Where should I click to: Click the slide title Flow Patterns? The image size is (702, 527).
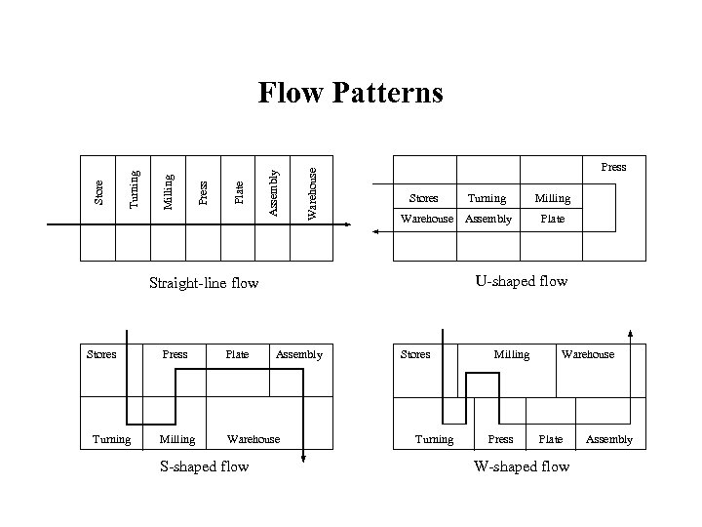[x=350, y=93]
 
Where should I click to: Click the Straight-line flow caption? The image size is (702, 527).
[x=204, y=284]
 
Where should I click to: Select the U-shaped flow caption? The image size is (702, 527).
[x=521, y=282]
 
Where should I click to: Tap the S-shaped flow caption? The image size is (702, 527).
[x=204, y=466]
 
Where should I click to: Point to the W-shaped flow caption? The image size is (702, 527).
[x=521, y=466]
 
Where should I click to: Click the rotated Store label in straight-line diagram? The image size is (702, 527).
[x=98, y=190]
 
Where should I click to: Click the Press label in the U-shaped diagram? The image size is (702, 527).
[x=613, y=167]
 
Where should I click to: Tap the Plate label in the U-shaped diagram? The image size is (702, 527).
[x=552, y=219]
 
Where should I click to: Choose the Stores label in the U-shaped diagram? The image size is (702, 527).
[x=423, y=198]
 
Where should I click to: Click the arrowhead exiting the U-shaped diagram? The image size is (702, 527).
[x=375, y=232]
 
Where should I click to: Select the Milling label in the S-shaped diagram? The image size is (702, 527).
[x=176, y=439]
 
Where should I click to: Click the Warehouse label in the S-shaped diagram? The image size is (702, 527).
[x=253, y=439]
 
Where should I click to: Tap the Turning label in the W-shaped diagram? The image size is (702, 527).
[x=434, y=439]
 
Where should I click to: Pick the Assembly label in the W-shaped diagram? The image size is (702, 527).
[x=609, y=439]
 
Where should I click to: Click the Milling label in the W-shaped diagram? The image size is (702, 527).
[x=512, y=354]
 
